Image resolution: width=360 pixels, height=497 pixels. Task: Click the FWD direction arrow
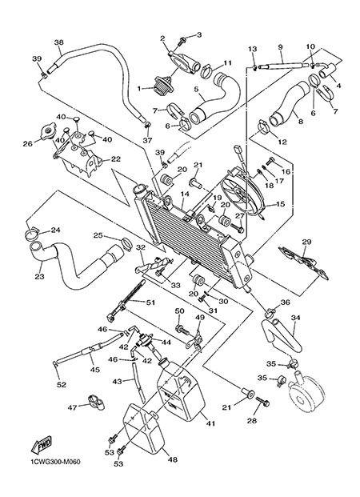point(41,444)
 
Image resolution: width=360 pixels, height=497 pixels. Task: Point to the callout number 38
point(59,42)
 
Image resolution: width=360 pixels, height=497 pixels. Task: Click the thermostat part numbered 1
point(163,84)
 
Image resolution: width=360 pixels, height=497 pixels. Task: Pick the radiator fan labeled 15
point(242,193)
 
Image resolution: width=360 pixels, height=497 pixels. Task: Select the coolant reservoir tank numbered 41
point(181,392)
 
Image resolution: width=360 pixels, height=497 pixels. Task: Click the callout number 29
point(306,242)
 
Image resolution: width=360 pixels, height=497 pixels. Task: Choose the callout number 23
point(39,277)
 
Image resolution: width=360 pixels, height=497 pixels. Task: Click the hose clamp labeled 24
point(32,234)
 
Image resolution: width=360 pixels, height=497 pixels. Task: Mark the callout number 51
point(150,303)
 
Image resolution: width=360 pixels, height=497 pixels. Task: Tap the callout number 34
point(296,317)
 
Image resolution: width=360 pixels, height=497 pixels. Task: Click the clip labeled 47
point(96,402)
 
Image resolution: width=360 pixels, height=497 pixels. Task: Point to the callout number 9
point(280,47)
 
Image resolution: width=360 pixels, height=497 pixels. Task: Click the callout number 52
point(62,385)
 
